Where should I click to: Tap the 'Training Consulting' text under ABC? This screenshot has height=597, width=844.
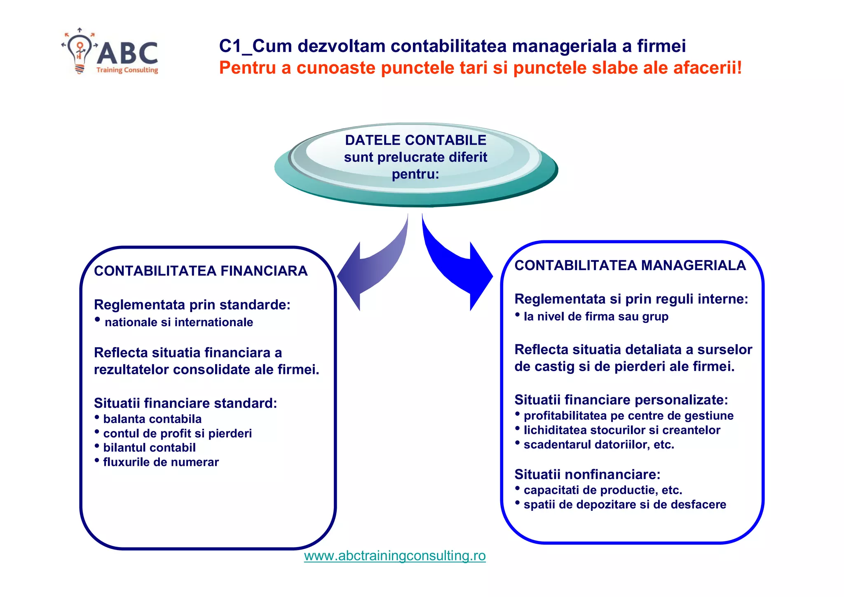coord(127,70)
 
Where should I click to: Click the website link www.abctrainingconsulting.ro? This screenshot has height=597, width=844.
coord(395,556)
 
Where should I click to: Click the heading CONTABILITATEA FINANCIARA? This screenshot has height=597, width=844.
coord(201,271)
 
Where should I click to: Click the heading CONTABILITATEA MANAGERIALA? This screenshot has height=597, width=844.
coord(630,265)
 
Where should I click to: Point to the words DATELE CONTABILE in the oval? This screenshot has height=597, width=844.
coord(415,140)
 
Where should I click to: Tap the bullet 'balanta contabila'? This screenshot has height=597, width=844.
coord(152,419)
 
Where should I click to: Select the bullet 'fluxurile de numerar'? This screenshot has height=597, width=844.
coord(161,462)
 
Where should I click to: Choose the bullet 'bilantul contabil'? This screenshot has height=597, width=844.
coord(149,448)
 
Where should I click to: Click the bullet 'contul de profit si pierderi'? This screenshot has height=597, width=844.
coord(177,433)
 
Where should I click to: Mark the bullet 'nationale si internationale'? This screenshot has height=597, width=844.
coord(179,322)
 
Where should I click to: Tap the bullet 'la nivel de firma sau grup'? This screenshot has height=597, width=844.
coord(596,316)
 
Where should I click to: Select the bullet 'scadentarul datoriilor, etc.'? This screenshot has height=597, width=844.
coord(599,444)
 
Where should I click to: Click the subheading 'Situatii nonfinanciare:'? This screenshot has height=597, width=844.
coord(587,474)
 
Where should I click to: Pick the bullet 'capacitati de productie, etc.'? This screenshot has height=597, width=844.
coord(603,490)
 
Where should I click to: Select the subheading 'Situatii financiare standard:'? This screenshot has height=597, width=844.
coord(185,403)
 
